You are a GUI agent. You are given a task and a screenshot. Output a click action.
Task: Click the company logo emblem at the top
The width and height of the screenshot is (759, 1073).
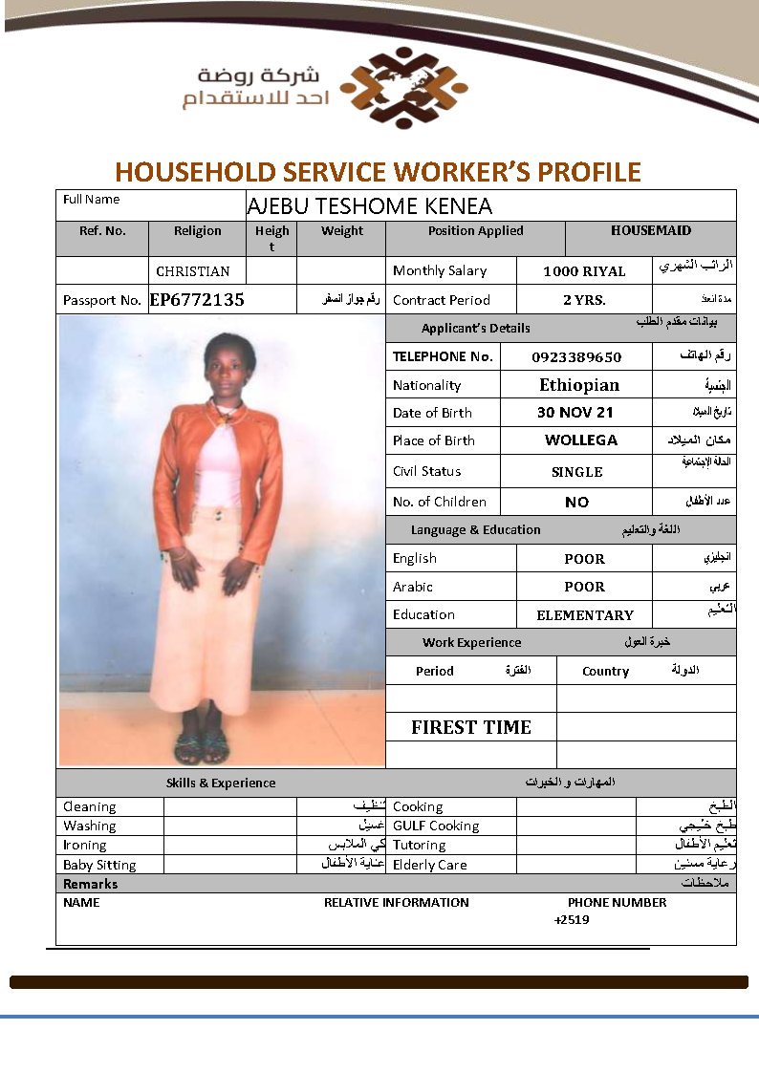403,88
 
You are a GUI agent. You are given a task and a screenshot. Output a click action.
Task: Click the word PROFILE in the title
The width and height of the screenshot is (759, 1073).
590,172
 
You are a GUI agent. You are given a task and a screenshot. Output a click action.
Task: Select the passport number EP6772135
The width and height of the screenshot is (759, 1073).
197,300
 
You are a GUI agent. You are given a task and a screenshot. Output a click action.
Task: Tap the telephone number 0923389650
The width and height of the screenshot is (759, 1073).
576,357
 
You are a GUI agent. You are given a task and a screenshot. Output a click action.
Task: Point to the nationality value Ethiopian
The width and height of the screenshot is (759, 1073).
579,385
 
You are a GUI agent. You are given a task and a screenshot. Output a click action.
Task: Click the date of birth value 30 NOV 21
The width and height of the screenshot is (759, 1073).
575,413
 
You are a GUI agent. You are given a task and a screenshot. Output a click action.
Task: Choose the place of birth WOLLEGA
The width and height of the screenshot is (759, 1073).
581,440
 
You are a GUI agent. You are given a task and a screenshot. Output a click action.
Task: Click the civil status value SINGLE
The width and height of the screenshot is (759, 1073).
577,472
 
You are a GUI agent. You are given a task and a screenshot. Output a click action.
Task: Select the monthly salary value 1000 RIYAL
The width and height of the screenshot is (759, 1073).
584,271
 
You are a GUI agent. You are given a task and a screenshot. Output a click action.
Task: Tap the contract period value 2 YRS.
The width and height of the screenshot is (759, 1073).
584,300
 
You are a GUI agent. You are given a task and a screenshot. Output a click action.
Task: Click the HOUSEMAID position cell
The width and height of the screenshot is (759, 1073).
651,230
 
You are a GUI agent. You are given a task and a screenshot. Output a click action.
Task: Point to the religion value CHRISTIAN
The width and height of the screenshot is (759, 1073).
193,271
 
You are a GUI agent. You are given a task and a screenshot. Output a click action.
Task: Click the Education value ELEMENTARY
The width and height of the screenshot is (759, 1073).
585,615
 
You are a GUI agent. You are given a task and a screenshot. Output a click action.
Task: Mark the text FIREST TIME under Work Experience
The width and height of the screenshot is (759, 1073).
471,727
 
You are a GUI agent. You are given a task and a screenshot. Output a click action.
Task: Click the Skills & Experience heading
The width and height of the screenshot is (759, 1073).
221,783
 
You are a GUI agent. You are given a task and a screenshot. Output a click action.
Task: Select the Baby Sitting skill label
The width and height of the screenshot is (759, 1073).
99,865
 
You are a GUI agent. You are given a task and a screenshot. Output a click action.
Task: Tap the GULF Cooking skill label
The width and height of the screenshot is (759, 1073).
436,826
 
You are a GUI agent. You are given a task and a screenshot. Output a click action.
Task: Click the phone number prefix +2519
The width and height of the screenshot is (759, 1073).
572,920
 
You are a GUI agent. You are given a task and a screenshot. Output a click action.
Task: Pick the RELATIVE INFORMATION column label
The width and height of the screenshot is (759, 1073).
396,902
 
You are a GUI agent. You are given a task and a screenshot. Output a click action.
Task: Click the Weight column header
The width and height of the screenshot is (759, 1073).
342,230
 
